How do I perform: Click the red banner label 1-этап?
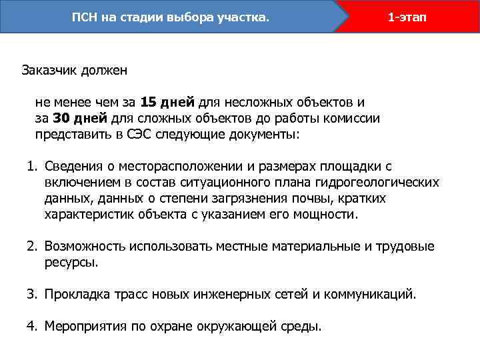click(x=408, y=17)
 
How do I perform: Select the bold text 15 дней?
click(x=168, y=102)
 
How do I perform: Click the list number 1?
click(x=31, y=165)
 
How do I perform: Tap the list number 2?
click(x=31, y=247)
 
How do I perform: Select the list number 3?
click(x=31, y=293)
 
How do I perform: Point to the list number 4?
click(x=31, y=326)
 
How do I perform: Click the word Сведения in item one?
click(x=74, y=165)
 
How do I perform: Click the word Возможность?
click(x=85, y=247)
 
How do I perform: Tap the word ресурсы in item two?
click(x=71, y=263)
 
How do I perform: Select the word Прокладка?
click(x=77, y=293)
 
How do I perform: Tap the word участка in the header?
click(x=243, y=17)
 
